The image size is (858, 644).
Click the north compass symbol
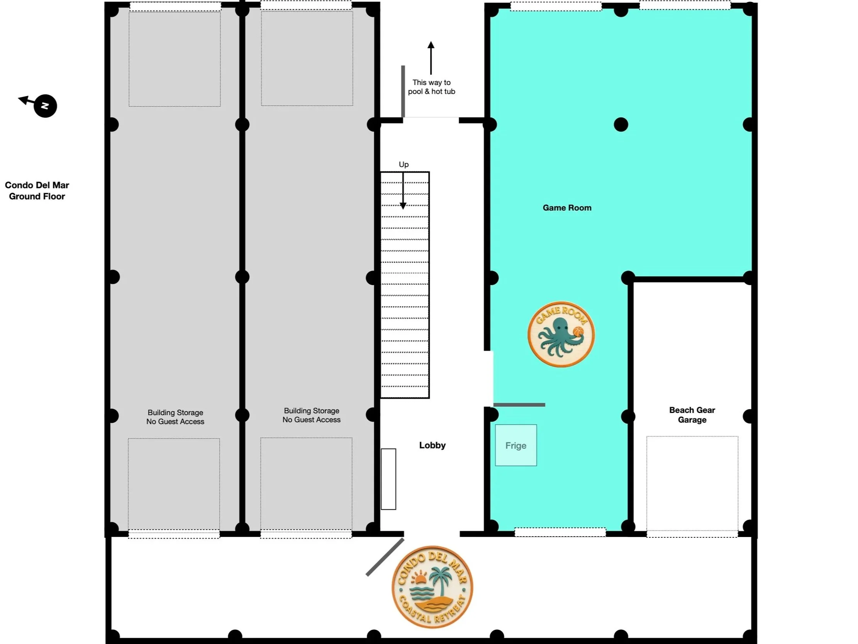(x=45, y=105)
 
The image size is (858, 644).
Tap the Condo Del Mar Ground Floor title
(x=37, y=190)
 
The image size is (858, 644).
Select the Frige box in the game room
(x=515, y=445)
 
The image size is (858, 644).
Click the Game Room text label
(x=567, y=208)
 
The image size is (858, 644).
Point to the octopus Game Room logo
(x=561, y=334)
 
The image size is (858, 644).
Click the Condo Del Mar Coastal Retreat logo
(x=432, y=586)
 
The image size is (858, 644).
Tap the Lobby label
(x=432, y=445)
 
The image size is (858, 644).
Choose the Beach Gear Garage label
(x=692, y=415)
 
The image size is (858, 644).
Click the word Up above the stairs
(x=404, y=165)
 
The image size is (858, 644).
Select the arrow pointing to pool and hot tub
(x=431, y=58)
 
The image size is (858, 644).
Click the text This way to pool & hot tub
(x=431, y=87)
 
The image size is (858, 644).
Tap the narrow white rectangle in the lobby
(x=388, y=479)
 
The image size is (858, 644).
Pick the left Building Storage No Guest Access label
(x=175, y=417)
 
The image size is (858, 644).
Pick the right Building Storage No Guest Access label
(x=311, y=415)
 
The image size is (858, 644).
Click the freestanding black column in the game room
(x=621, y=125)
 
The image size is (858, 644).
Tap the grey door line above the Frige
(x=519, y=405)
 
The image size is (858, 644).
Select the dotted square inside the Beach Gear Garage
(x=692, y=483)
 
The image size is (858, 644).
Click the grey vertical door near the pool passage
(x=403, y=91)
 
